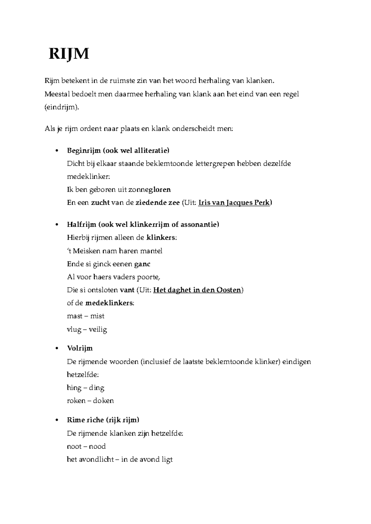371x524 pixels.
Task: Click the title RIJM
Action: pyautogui.click(x=69, y=54)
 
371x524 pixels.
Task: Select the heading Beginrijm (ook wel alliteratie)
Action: pyautogui.click(x=118, y=150)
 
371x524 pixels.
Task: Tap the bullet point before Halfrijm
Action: pyautogui.click(x=56, y=225)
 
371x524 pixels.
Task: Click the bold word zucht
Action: pyautogui.click(x=100, y=203)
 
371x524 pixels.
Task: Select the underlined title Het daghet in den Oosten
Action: pyautogui.click(x=197, y=290)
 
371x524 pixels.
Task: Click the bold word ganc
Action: pyautogui.click(x=142, y=264)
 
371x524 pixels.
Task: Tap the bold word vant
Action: pyautogui.click(x=127, y=290)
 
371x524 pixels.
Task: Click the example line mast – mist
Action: pyautogui.click(x=86, y=316)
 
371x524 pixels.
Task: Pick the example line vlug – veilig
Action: pyautogui.click(x=87, y=330)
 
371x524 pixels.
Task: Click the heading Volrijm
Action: pyautogui.click(x=80, y=348)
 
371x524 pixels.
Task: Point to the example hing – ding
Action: pyautogui.click(x=86, y=388)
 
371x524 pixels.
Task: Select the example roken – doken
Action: pyautogui.click(x=90, y=401)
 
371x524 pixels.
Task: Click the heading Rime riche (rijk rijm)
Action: pyautogui.click(x=103, y=420)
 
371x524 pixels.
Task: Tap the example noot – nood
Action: pyautogui.click(x=86, y=446)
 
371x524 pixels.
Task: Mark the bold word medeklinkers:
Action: pyautogui.click(x=109, y=303)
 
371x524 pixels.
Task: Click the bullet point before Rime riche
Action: pyautogui.click(x=56, y=420)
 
